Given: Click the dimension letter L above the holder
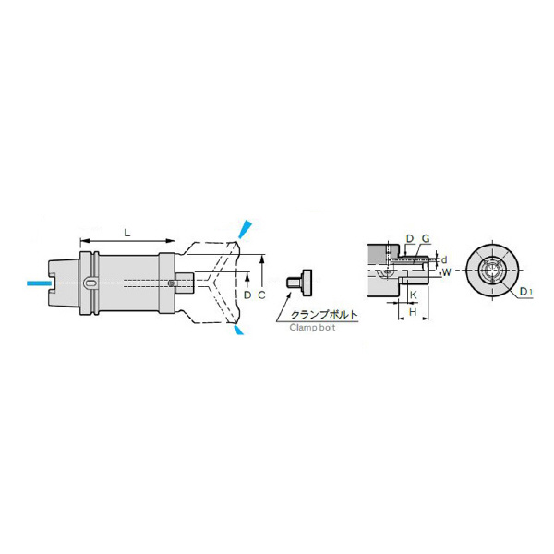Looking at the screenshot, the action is (127, 233).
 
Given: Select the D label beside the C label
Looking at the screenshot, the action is (247, 295).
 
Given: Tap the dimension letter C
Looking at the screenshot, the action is (261, 295).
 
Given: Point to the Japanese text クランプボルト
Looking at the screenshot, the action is (324, 315).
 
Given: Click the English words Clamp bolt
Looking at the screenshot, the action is (312, 328).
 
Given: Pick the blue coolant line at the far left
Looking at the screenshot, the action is (39, 283).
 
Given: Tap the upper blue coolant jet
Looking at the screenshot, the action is (245, 229).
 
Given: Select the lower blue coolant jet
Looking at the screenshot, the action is (239, 330).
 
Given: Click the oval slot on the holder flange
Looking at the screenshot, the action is (91, 283).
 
